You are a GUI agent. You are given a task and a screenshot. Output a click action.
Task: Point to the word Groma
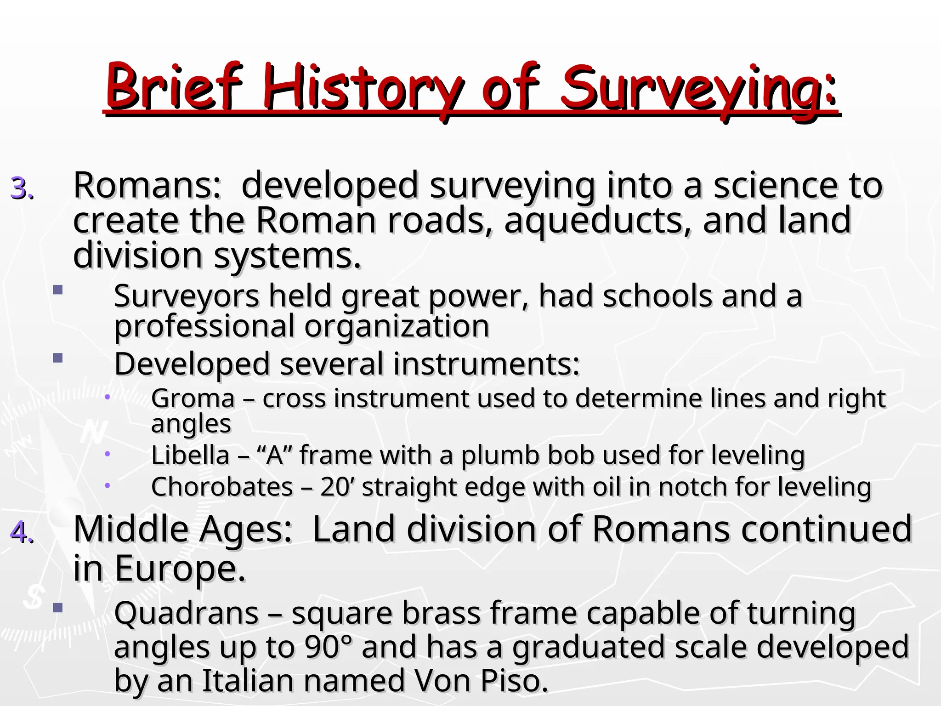193,399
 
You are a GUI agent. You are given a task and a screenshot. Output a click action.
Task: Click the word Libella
190,455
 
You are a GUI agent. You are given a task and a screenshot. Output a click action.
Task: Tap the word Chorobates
222,487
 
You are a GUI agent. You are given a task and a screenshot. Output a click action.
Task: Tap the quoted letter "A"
275,455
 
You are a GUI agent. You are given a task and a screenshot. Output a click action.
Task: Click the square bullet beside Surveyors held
57,290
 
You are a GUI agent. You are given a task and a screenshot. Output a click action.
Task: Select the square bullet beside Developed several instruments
57,358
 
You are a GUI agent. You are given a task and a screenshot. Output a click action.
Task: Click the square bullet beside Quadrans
57,608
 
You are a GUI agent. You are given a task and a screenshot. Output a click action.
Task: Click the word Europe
180,569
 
